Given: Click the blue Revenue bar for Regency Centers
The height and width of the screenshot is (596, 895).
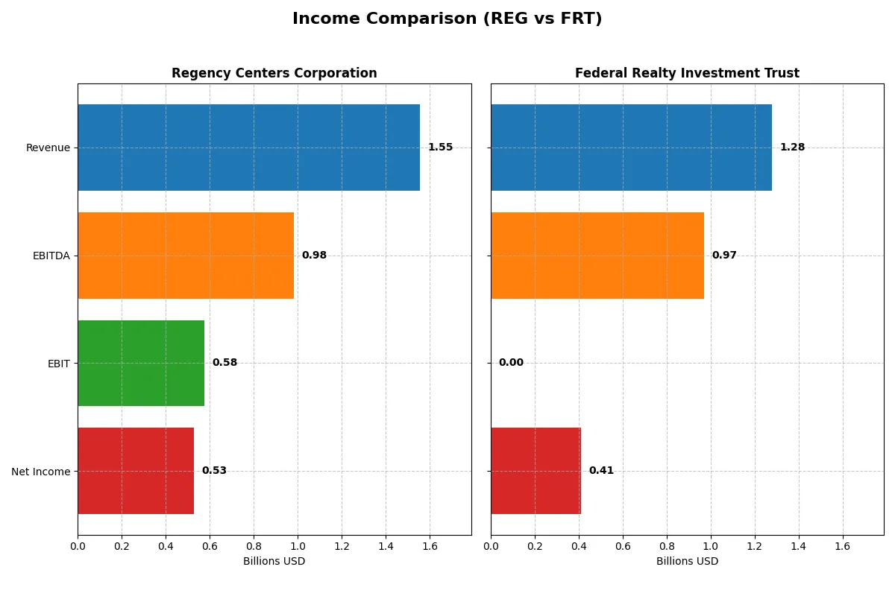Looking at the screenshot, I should click(248, 148).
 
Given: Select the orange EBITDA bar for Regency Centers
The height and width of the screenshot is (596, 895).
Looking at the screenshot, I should click(186, 256).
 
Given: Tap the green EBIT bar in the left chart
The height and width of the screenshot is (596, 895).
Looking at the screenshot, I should click(141, 363).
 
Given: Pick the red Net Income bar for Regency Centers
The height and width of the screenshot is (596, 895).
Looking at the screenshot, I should click(136, 471).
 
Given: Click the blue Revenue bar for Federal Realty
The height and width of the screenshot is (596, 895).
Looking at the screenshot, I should click(631, 148).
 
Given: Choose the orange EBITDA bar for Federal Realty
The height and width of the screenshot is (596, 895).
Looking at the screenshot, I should click(597, 256).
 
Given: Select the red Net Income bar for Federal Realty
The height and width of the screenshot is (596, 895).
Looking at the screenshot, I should click(536, 471).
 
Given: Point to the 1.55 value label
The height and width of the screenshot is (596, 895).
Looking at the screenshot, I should click(440, 148).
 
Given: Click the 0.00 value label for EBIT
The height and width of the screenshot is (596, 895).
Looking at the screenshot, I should click(511, 363).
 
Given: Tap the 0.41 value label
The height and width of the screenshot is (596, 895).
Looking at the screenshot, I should click(601, 471).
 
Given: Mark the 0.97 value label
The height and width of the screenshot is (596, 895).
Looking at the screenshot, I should click(724, 256).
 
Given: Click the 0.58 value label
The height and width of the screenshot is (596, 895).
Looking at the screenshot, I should click(224, 363).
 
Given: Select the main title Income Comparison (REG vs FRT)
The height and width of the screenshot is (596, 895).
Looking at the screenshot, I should click(447, 19).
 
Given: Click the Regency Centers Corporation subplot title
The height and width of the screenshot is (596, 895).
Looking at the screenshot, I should click(274, 74).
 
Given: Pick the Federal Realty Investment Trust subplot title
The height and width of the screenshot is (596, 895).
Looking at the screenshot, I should click(687, 74).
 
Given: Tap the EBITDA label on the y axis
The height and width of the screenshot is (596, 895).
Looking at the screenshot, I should click(51, 256).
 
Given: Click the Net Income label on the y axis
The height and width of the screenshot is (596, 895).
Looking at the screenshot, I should click(41, 471).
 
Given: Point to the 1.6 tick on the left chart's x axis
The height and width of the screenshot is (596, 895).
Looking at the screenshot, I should click(430, 546).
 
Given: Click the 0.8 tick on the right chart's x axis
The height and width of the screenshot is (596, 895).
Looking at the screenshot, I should click(667, 546).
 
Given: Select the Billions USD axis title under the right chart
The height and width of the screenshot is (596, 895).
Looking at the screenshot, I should click(687, 562).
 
